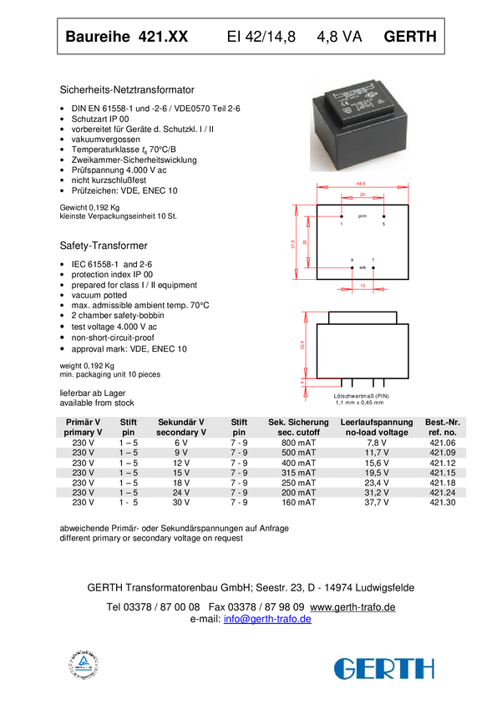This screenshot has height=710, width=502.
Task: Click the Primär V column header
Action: pos(83,428)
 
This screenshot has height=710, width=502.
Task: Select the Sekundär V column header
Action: pos(180,428)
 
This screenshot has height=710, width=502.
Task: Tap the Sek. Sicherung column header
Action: pos(298,428)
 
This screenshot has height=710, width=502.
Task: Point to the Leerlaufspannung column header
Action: pos(377,428)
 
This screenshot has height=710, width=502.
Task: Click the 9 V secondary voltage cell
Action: pos(180,452)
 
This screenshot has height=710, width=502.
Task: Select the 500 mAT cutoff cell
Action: pos(298,452)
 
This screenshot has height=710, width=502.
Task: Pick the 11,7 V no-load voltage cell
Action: pos(377,452)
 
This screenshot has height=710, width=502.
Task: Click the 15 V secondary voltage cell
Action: pos(180,472)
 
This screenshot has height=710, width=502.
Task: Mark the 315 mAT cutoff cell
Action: pos(298,472)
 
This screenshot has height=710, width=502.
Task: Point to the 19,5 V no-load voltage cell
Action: pos(377,472)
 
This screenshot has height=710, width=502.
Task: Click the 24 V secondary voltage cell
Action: pos(180,493)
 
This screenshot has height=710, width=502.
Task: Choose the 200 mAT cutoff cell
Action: pos(298,493)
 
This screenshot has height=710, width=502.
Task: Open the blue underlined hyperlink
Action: pos(267,620)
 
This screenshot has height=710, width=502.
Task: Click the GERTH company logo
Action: pos(384,667)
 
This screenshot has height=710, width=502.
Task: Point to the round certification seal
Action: pos(84,664)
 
